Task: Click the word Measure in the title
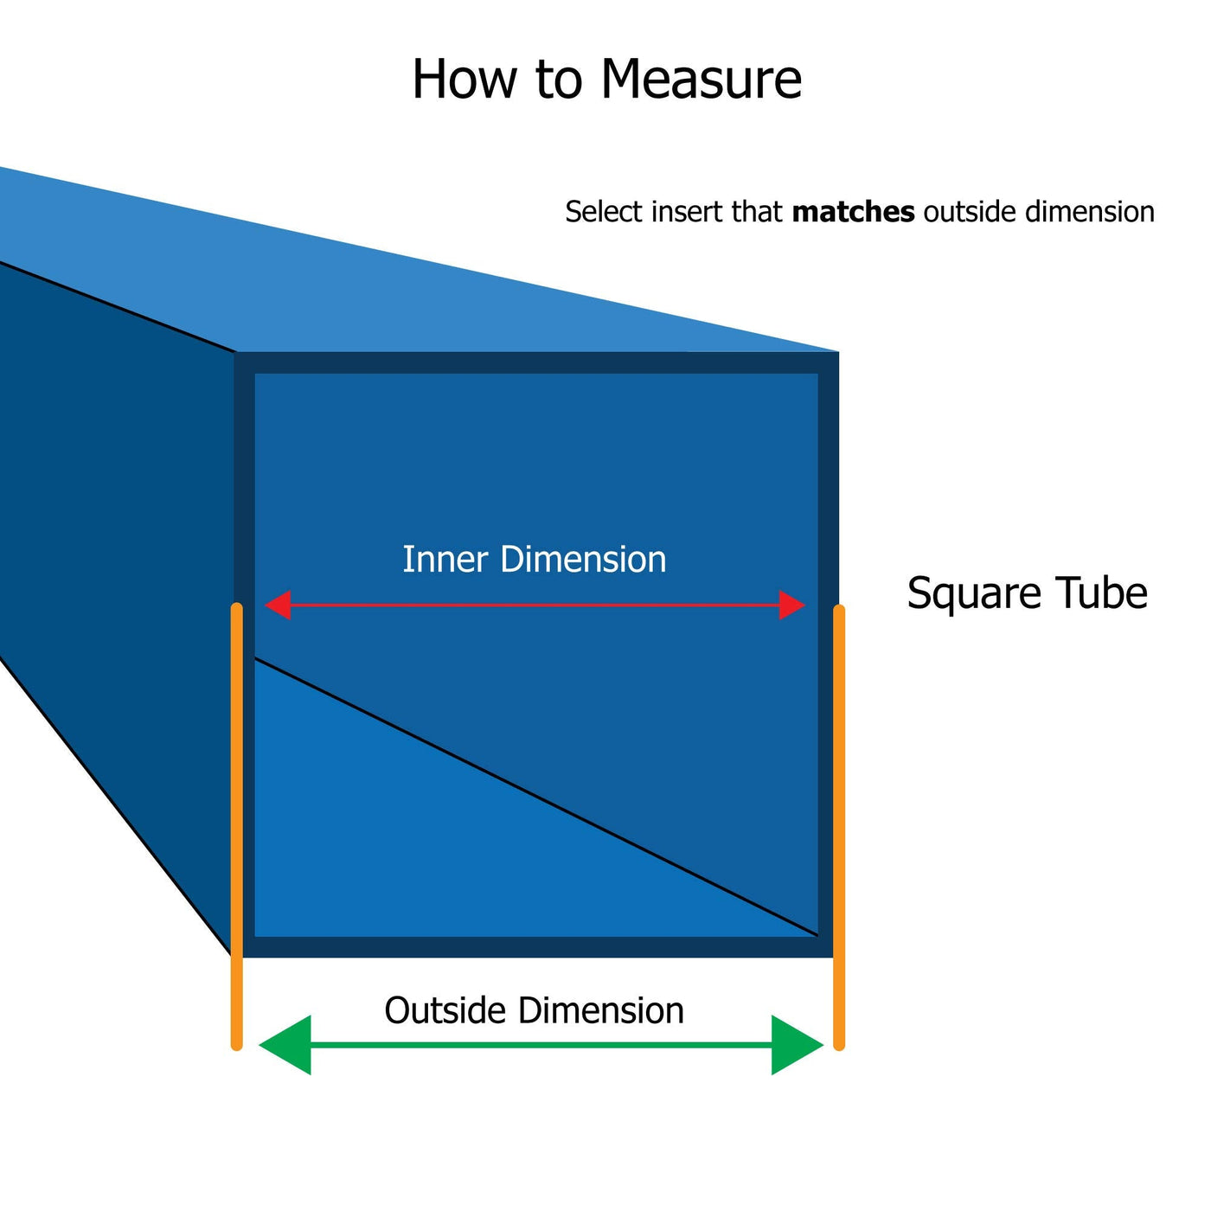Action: point(701,80)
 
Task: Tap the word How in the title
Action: point(465,80)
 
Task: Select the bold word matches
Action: point(853,212)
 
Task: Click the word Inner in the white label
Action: point(445,560)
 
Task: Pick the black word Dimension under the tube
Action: point(602,1010)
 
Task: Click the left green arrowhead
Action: point(286,1045)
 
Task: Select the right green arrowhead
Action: point(796,1045)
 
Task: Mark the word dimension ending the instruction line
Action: point(1089,212)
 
